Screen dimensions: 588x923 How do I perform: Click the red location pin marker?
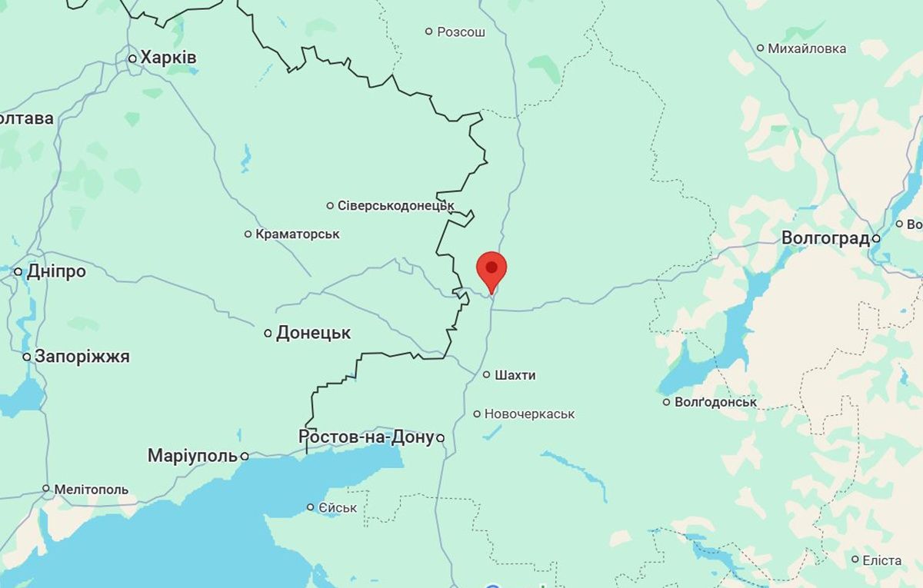[x=491, y=270]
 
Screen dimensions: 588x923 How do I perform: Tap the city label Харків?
[x=168, y=58]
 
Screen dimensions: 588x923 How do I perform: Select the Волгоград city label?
[x=825, y=238]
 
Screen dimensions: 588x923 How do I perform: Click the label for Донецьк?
[x=313, y=333]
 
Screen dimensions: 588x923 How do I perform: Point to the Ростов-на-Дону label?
[x=366, y=437]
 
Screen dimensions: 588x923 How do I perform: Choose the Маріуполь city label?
[x=192, y=456]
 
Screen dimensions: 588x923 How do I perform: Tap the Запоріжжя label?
[x=82, y=357]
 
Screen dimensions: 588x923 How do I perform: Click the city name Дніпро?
[x=56, y=271]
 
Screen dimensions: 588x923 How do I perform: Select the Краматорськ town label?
[x=298, y=234]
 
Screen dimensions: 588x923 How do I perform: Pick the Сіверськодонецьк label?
[x=396, y=205]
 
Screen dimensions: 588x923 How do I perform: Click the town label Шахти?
[x=515, y=375]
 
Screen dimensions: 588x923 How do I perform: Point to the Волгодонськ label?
[x=715, y=402]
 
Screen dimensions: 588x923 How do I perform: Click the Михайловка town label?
[x=807, y=48]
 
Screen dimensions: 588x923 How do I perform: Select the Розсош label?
[x=461, y=32]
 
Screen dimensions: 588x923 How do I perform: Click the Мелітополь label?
[x=91, y=489]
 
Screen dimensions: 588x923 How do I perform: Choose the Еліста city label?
[x=881, y=560]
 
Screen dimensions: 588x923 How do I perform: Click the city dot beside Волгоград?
[x=876, y=239]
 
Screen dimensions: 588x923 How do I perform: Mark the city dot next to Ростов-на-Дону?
[x=441, y=438]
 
